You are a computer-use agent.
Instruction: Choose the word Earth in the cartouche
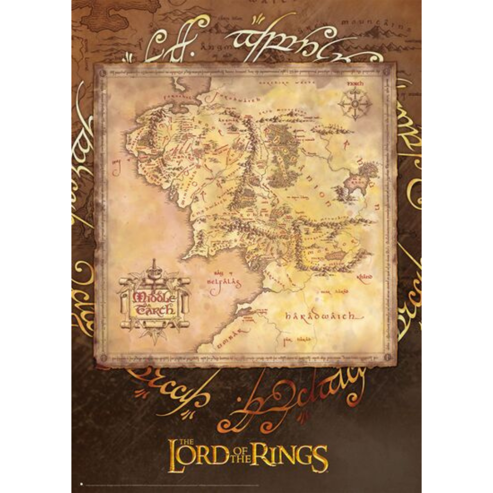click(155, 310)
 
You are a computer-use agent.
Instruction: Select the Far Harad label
click(291, 339)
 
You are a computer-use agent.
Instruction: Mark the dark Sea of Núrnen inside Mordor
click(336, 255)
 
